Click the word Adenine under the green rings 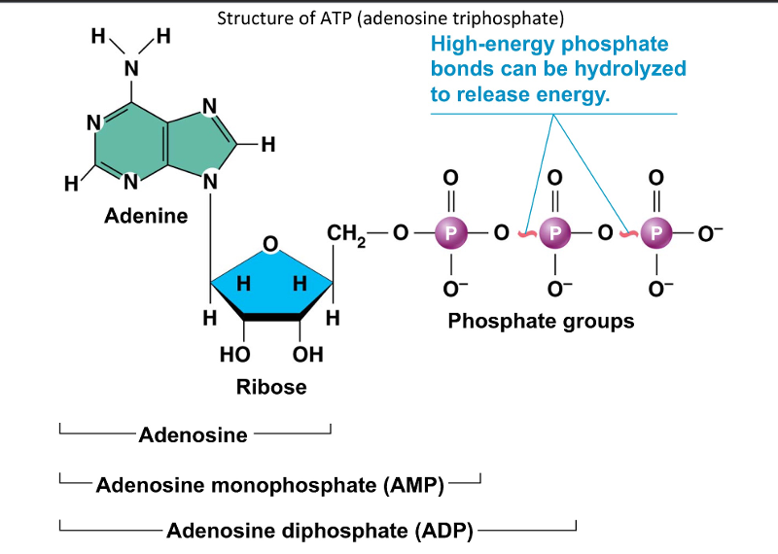146,215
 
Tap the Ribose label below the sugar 271,387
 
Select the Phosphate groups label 541,321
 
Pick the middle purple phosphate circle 554,232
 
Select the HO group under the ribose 237,355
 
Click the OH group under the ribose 307,355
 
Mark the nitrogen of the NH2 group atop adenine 129,67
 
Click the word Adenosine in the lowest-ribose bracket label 194,434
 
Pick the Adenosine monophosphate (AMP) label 269,484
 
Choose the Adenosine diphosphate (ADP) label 320,531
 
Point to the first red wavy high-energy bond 524,233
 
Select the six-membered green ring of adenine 129,147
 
